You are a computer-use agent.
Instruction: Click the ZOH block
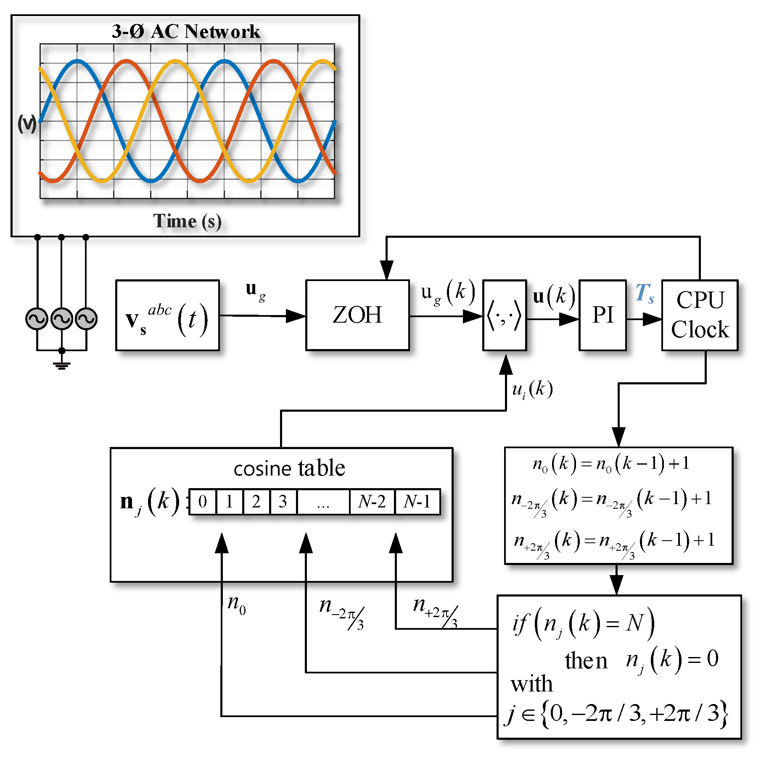pyautogui.click(x=357, y=315)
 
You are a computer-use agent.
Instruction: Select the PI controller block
pyautogui.click(x=602, y=315)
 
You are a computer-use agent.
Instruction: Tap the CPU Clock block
pyautogui.click(x=700, y=315)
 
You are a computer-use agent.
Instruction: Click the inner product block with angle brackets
pyautogui.click(x=504, y=315)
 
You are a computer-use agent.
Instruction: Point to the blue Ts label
pyautogui.click(x=644, y=293)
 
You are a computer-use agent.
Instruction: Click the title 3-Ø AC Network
pyautogui.click(x=186, y=32)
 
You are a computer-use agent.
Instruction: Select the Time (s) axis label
pyautogui.click(x=187, y=221)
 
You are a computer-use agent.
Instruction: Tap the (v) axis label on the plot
pyautogui.click(x=27, y=124)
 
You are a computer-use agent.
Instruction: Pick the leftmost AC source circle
pyautogui.click(x=37, y=319)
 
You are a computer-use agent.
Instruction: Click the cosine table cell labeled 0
pyautogui.click(x=203, y=502)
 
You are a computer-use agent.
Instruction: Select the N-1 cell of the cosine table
pyautogui.click(x=417, y=502)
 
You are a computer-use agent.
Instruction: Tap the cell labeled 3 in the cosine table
pyautogui.click(x=283, y=502)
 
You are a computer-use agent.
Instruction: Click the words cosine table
pyautogui.click(x=289, y=468)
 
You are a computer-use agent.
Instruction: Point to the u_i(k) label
pyautogui.click(x=532, y=389)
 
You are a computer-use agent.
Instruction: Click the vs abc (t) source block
pyautogui.click(x=167, y=315)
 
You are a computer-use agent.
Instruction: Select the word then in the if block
pyautogui.click(x=586, y=661)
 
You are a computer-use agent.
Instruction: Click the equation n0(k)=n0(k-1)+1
pyautogui.click(x=611, y=464)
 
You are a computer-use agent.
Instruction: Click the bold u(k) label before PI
pyautogui.click(x=553, y=296)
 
